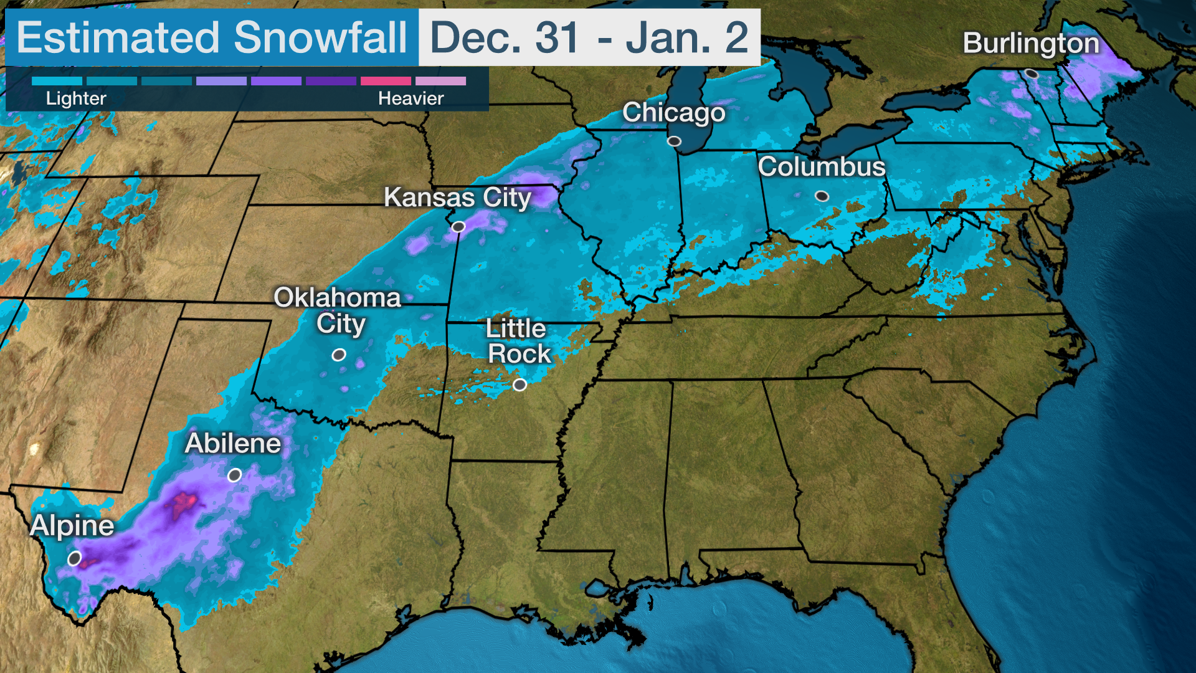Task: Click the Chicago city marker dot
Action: pos(674,141)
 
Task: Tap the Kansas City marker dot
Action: pos(458,227)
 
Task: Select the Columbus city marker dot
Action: pos(822,196)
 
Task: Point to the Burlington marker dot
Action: pos(1032,74)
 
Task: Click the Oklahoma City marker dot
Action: pos(338,355)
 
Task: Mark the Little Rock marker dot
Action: pos(520,384)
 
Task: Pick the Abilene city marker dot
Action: pos(234,475)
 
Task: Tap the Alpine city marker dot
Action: pos(74,558)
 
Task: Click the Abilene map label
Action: pos(233,444)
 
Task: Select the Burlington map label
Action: pos(1031,44)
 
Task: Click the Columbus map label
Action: pos(821,167)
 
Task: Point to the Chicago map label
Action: pos(673,113)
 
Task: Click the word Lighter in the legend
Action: pos(76,98)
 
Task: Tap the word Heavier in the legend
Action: pos(411,98)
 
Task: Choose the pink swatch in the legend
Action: pos(386,81)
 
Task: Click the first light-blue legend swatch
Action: pos(57,81)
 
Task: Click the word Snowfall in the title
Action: pos(320,37)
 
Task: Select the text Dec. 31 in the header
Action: pos(505,37)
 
